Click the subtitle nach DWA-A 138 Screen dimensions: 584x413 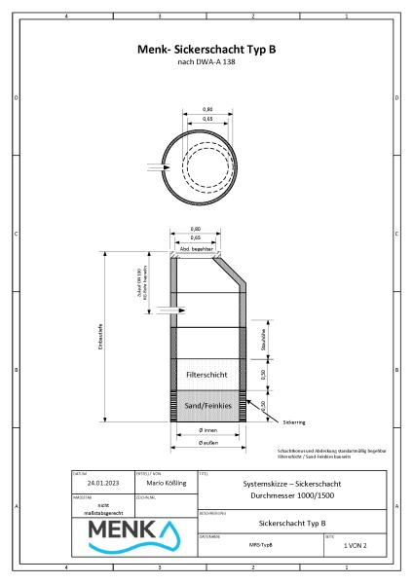pyautogui.click(x=206, y=63)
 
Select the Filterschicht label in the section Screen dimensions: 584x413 pyautogui.click(x=206, y=374)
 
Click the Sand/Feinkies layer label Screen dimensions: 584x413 pyautogui.click(x=206, y=402)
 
